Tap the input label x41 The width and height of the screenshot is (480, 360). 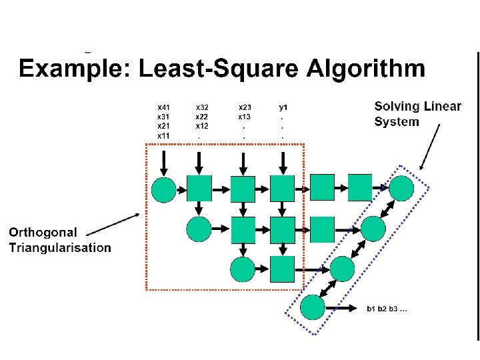[163, 107]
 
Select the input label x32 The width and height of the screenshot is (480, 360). [202, 107]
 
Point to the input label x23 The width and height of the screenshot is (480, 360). [245, 107]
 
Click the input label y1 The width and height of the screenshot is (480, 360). [283, 107]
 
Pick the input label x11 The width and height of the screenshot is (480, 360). [163, 136]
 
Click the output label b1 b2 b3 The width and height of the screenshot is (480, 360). [387, 309]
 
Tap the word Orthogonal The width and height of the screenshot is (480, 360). [43, 233]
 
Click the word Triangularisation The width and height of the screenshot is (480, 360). [60, 248]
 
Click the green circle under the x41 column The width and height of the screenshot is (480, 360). [164, 189]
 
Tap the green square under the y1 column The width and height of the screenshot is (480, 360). [283, 188]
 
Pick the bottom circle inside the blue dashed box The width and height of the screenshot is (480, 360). [312, 307]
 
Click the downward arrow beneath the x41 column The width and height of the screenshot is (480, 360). [164, 161]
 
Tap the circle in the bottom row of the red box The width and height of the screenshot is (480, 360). [243, 269]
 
